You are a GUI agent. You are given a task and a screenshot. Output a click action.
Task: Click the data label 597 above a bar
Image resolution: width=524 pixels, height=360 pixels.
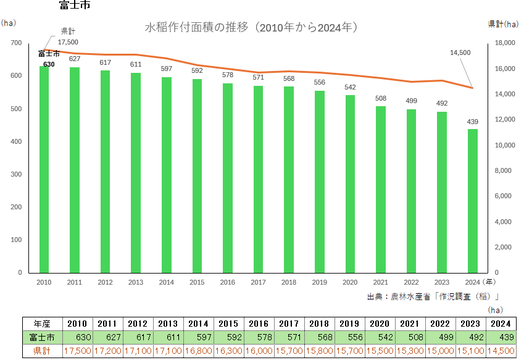coord(167,69)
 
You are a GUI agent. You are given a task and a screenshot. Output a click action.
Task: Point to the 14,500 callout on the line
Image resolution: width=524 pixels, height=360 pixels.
coord(460,53)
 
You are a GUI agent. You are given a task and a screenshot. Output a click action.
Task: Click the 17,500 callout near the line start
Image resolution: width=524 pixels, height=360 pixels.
coord(68,42)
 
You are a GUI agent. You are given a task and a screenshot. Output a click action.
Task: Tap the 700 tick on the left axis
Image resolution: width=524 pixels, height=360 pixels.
coord(16,43)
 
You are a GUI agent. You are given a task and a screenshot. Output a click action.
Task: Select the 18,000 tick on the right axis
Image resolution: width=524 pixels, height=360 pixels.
coord(504,43)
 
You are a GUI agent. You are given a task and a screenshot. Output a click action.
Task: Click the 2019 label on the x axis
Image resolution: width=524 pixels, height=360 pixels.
coord(320,282)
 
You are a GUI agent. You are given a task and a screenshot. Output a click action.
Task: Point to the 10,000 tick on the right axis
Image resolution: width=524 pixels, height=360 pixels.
coord(504,145)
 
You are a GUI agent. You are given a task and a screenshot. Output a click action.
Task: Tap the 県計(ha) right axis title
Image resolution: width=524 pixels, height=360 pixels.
coord(503,24)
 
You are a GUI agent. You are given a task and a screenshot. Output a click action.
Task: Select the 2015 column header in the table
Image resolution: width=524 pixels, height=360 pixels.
coord(228,324)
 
